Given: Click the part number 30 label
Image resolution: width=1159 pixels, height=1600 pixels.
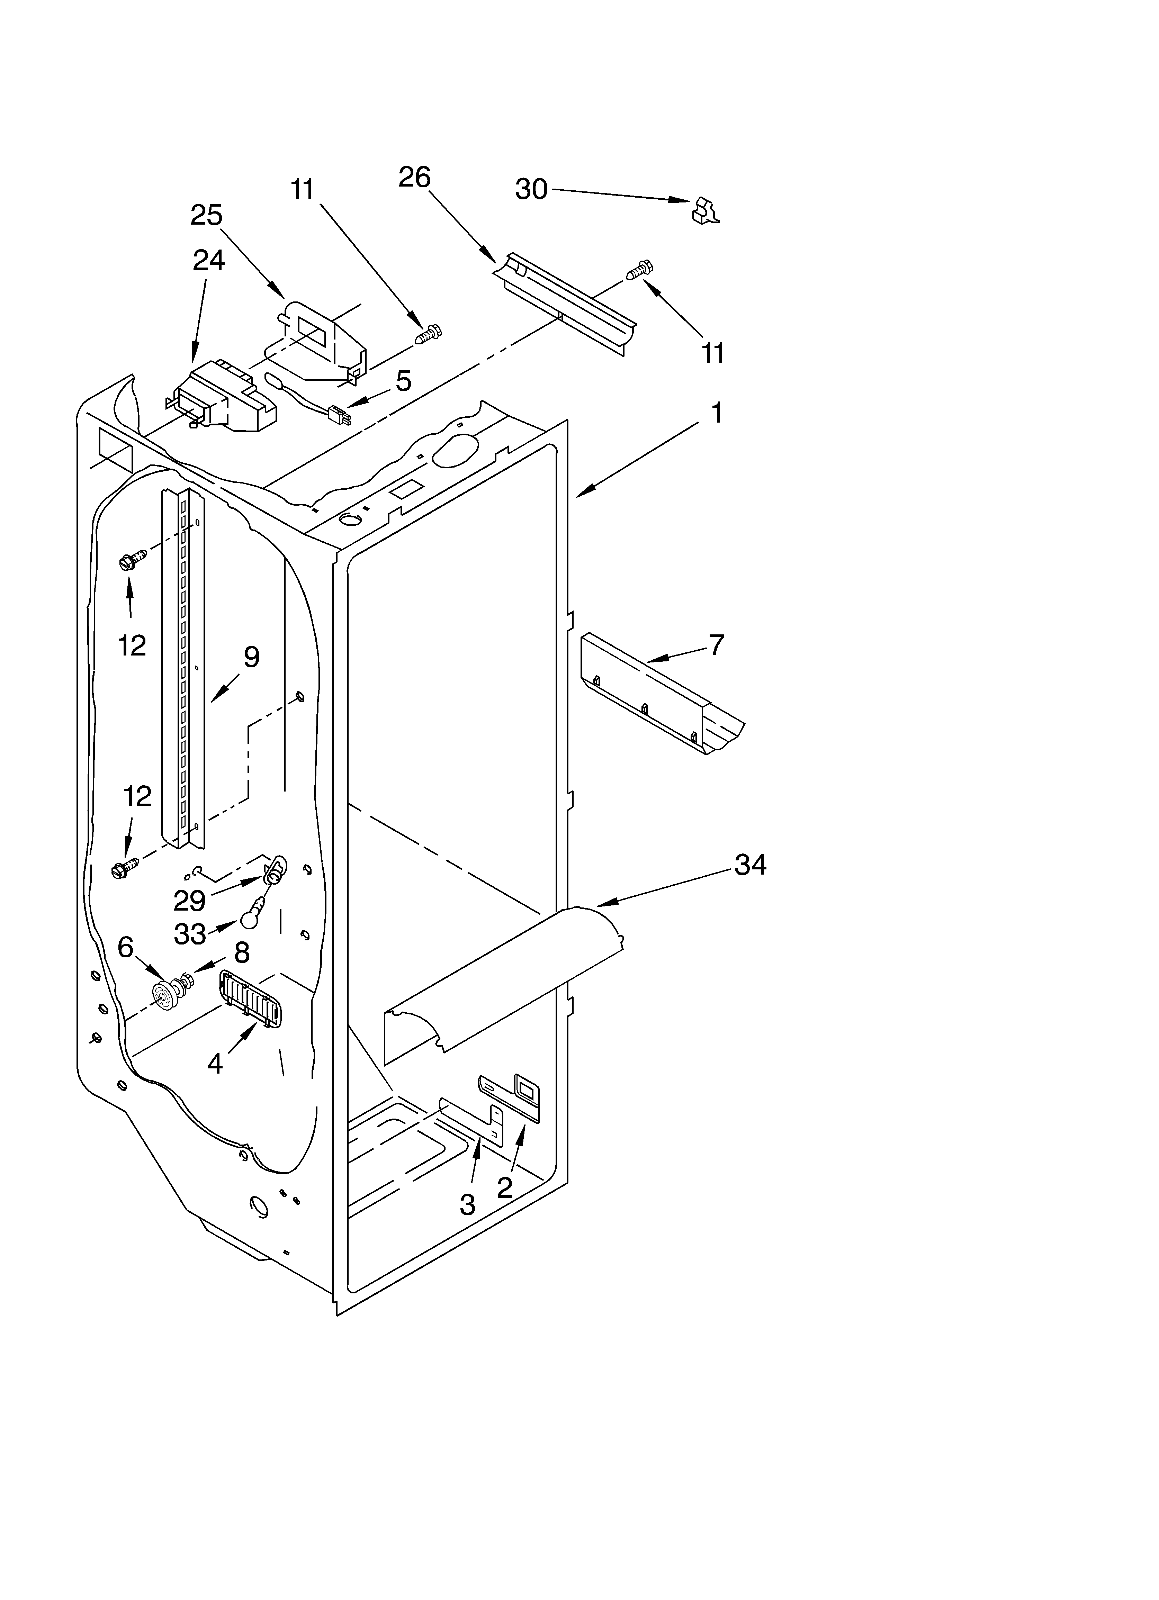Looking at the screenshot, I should [x=531, y=189].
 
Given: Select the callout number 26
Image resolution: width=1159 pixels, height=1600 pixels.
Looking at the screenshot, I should [x=414, y=177].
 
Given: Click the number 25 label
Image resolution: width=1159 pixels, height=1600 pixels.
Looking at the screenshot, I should [x=206, y=215].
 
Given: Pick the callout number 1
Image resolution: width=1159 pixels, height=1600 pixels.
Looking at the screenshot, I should [x=717, y=413].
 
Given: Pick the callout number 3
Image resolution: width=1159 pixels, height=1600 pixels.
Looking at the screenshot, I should [x=467, y=1206].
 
